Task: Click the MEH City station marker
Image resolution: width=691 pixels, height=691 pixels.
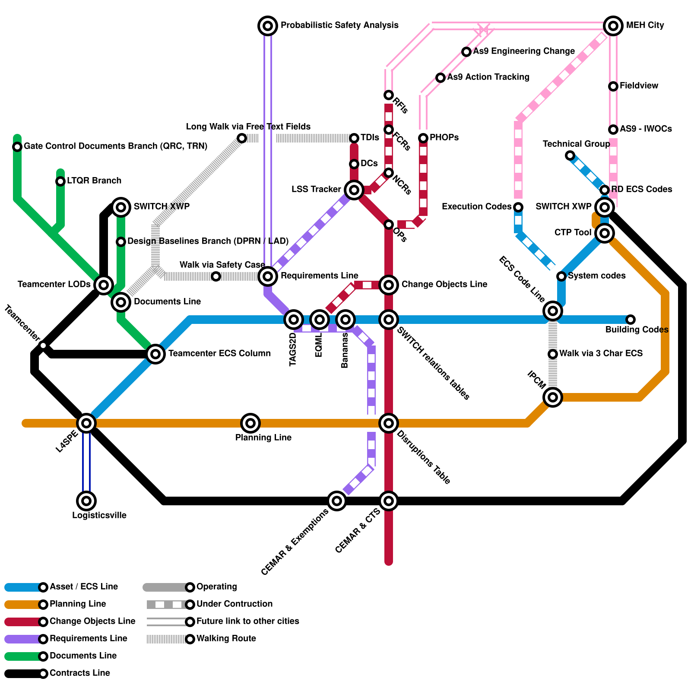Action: pyautogui.click(x=613, y=26)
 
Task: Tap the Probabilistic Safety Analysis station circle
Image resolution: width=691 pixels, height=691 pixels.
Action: pyautogui.click(x=268, y=26)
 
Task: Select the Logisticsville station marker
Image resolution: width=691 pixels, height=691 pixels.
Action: pyautogui.click(x=86, y=501)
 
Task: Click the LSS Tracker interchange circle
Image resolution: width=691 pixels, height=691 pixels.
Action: pyautogui.click(x=354, y=190)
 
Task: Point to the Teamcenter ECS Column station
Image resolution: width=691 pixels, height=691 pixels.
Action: pyautogui.click(x=155, y=354)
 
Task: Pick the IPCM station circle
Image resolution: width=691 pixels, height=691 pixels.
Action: pyautogui.click(x=553, y=397)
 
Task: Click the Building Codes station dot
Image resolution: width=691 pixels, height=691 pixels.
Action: pyautogui.click(x=631, y=320)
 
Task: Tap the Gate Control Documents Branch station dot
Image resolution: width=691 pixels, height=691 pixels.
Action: pyautogui.click(x=17, y=147)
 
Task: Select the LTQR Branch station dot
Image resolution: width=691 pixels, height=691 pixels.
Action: pyautogui.click(x=60, y=181)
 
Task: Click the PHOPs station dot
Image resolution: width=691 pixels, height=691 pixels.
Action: pyautogui.click(x=423, y=138)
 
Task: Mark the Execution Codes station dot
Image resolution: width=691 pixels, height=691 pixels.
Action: pyautogui.click(x=518, y=207)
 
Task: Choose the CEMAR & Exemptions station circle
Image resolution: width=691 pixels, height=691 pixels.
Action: pyautogui.click(x=337, y=501)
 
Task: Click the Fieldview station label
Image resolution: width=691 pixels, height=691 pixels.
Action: pyautogui.click(x=639, y=86)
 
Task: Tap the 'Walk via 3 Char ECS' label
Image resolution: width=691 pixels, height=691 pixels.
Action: pyautogui.click(x=601, y=353)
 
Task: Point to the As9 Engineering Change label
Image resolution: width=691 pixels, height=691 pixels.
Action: pyautogui.click(x=524, y=51)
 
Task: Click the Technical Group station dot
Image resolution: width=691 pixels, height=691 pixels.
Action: pyautogui.click(x=570, y=155)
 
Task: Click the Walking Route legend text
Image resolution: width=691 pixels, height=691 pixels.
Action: pyautogui.click(x=226, y=638)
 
